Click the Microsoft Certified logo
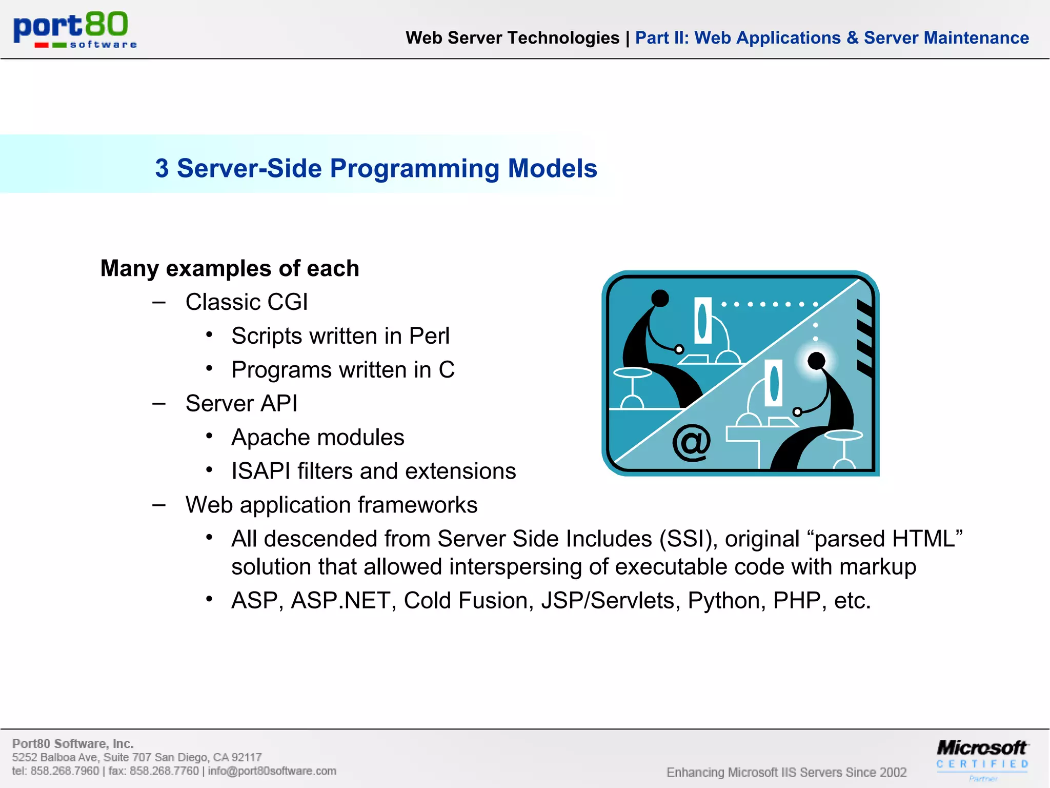click(982, 757)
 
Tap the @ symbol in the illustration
click(692, 442)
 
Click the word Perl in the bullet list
click(429, 337)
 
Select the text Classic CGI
click(247, 302)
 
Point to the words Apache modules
click(317, 438)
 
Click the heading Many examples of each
click(230, 268)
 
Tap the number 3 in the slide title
click(162, 169)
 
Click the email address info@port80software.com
click(272, 771)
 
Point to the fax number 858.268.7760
click(164, 771)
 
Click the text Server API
click(241, 404)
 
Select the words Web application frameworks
click(331, 505)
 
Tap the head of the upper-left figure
click(660, 298)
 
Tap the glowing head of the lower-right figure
click(816, 361)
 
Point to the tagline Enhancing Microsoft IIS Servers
click(786, 772)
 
